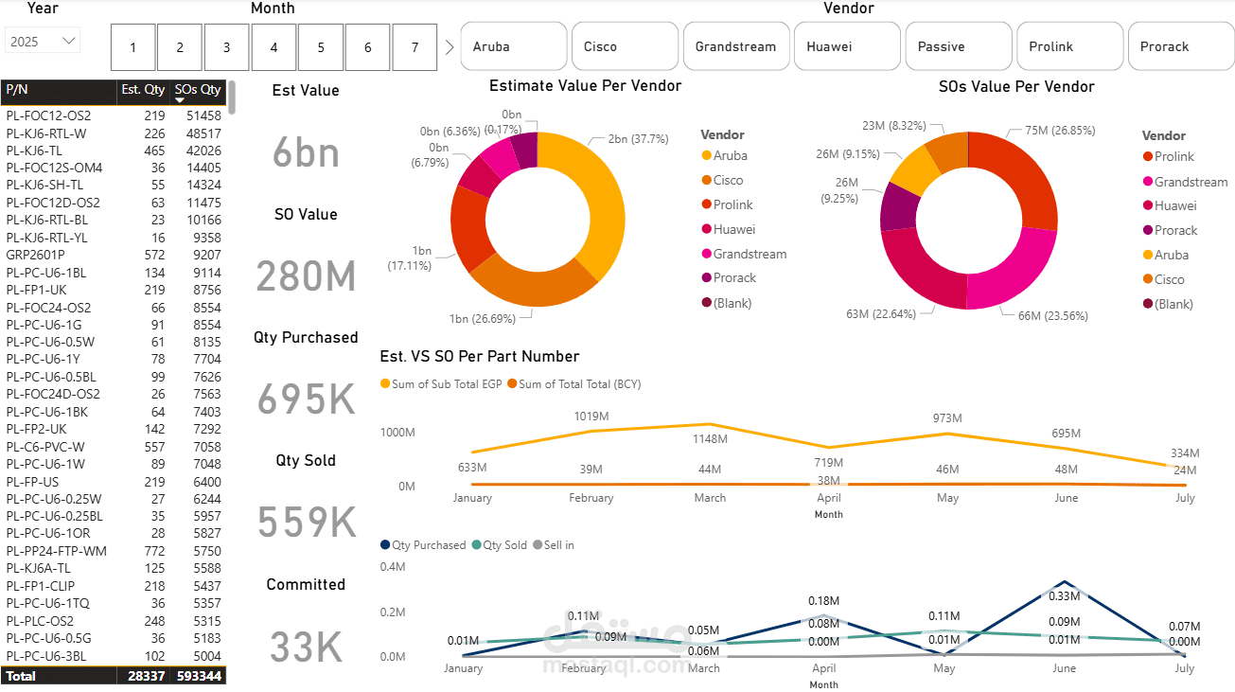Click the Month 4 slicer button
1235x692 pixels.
[x=274, y=47]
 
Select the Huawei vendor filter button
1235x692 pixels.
[x=847, y=46]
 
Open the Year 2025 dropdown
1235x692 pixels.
[x=43, y=42]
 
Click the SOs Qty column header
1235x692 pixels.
[x=198, y=89]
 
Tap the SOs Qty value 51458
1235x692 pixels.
[x=203, y=115]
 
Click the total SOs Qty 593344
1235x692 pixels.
[x=199, y=676]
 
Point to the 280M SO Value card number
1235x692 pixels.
[x=306, y=275]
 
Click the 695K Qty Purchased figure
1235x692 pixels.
[x=307, y=399]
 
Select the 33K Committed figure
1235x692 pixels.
[x=306, y=647]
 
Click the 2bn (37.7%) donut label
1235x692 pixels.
[x=638, y=139]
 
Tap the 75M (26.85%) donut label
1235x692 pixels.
[x=1060, y=130]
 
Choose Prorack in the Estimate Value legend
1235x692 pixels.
[x=734, y=278]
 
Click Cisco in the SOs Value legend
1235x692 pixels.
[x=1169, y=279]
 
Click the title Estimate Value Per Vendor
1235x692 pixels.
[x=585, y=85]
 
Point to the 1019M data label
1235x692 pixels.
[x=591, y=417]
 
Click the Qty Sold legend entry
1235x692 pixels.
[x=500, y=544]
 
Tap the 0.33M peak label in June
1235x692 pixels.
[x=1064, y=596]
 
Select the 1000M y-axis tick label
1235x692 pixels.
[x=397, y=433]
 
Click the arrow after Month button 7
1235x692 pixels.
[x=450, y=47]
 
